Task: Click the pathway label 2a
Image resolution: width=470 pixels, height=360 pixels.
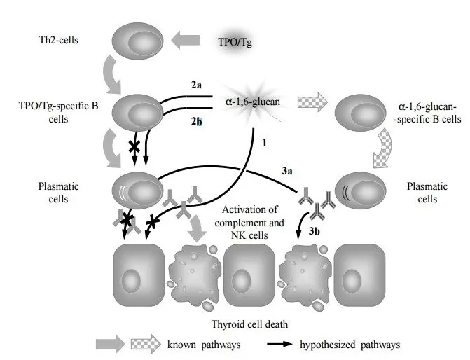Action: click(198, 85)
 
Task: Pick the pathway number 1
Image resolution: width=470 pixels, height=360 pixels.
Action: click(265, 143)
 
